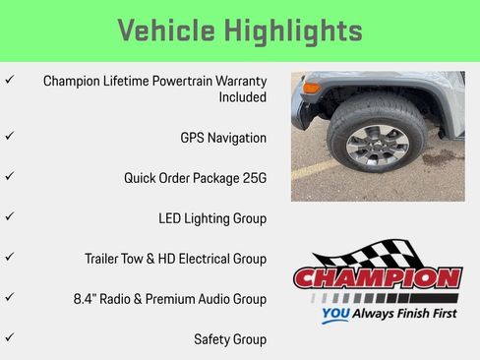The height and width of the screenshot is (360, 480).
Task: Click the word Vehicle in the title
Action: tap(163, 30)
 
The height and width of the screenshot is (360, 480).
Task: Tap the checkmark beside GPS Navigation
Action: tap(10, 137)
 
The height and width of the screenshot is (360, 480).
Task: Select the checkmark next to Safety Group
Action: tap(10, 337)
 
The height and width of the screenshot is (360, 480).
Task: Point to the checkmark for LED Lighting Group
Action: tap(10, 216)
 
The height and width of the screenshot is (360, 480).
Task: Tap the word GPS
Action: tap(194, 138)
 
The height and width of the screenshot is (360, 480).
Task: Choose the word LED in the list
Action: tap(171, 218)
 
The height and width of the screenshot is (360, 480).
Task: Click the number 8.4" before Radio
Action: tap(87, 299)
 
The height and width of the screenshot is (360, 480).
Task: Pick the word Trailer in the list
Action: tap(104, 259)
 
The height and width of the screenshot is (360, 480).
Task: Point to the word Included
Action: tap(242, 97)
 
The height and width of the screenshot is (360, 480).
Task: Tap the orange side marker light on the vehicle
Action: tap(312, 88)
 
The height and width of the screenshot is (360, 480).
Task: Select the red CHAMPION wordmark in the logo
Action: tap(377, 278)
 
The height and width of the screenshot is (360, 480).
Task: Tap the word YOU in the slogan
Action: tap(336, 317)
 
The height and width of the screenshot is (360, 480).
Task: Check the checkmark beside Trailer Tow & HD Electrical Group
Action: tap(10, 257)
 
